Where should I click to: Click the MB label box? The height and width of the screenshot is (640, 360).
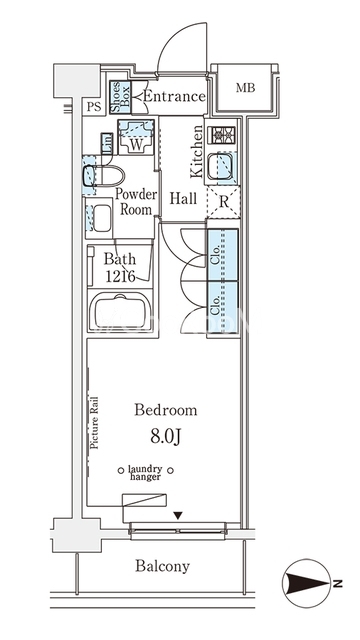pyautogui.click(x=245, y=87)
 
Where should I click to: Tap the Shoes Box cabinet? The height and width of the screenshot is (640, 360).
pyautogui.click(x=120, y=97)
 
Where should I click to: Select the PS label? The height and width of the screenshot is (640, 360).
pyautogui.click(x=93, y=107)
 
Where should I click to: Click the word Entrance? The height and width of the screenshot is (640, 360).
pyautogui.click(x=174, y=96)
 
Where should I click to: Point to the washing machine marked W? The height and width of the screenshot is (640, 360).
pyautogui.click(x=136, y=136)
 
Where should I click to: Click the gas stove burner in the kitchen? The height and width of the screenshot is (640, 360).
pyautogui.click(x=222, y=135)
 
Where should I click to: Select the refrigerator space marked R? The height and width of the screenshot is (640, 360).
pyautogui.click(x=223, y=202)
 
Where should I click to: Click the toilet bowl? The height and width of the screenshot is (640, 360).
pyautogui.click(x=103, y=175)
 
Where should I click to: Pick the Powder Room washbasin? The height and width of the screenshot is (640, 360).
pyautogui.click(x=99, y=218)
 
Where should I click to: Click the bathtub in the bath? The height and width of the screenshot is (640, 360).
pyautogui.click(x=120, y=311)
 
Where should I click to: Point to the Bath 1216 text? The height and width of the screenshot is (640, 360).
pyautogui.click(x=120, y=268)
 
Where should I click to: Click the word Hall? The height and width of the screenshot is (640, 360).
pyautogui.click(x=183, y=199)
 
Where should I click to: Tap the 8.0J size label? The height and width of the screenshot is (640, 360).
pyautogui.click(x=165, y=436)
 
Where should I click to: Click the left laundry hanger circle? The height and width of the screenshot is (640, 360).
pyautogui.click(x=120, y=471)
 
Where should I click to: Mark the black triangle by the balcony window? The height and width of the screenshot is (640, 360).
pyautogui.click(x=177, y=516)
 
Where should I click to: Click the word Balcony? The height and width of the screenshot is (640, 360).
pyautogui.click(x=162, y=566)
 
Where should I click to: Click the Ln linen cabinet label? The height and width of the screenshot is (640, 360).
pyautogui.click(x=107, y=144)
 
